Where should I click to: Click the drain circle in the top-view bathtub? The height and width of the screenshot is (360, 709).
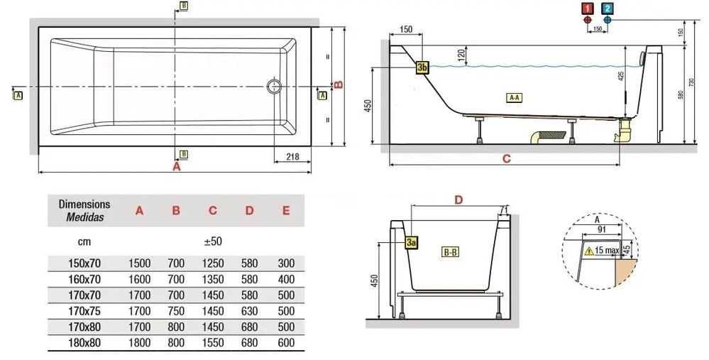274,86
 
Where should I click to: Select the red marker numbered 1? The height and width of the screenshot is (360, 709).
588,8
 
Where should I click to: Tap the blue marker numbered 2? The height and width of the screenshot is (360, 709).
608,8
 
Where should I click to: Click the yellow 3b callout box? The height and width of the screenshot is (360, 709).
422,67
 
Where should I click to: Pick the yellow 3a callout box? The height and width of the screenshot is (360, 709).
411,242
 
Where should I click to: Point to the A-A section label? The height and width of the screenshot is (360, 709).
514,97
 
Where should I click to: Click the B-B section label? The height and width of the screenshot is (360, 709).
449,252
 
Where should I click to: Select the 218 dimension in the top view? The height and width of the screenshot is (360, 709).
292,156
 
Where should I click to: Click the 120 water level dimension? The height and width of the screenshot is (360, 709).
461,55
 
